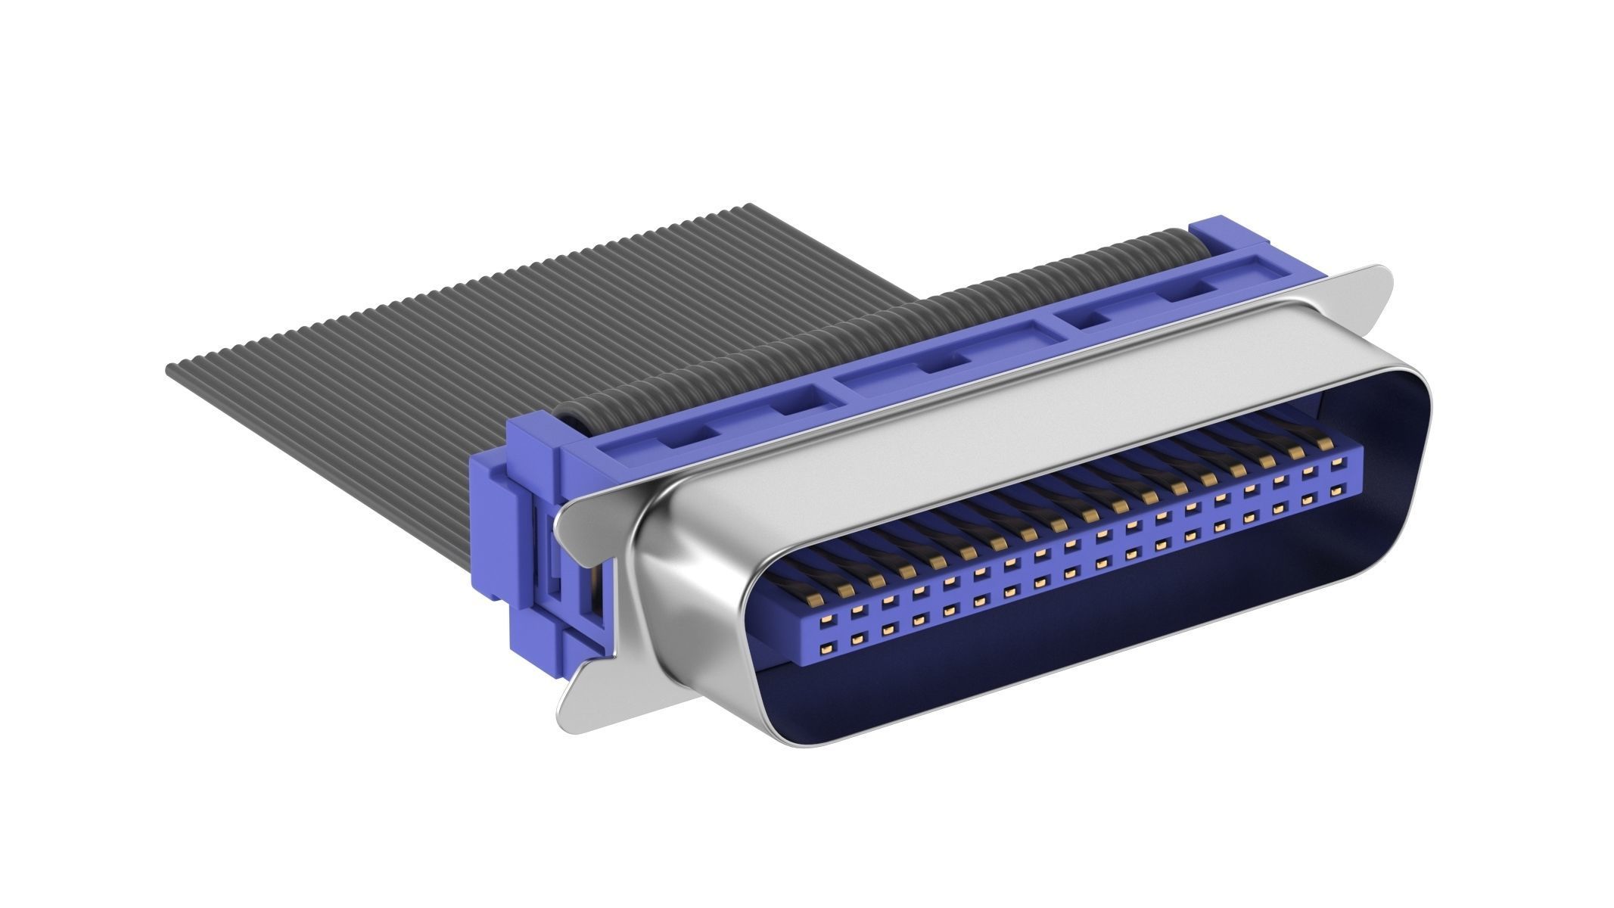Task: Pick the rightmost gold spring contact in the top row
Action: [1324, 443]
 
